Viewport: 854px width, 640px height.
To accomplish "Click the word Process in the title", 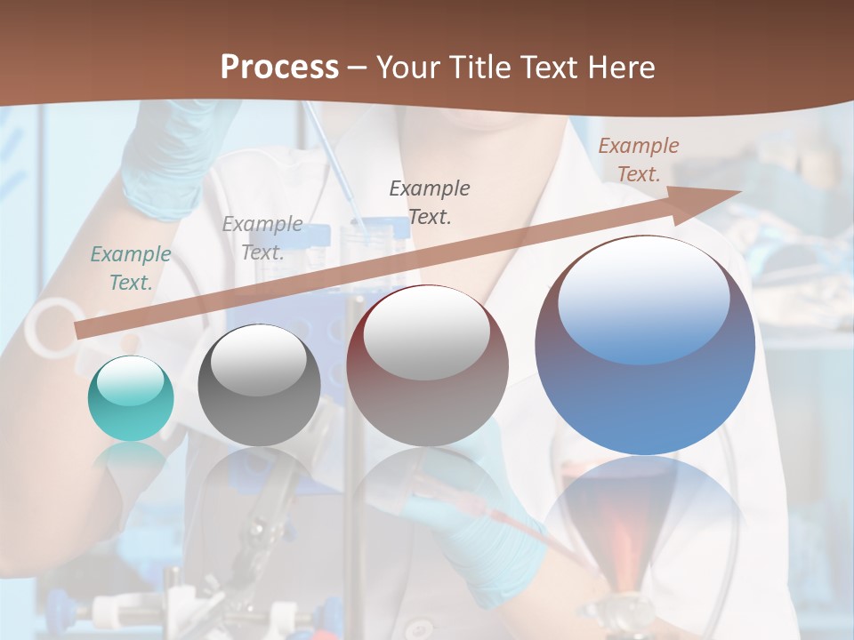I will (x=279, y=68).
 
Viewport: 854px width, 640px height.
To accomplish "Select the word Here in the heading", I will (x=619, y=68).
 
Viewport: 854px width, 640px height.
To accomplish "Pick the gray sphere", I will (x=259, y=385).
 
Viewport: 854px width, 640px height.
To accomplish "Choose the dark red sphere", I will (x=427, y=365).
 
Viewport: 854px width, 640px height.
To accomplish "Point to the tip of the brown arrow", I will (x=739, y=191).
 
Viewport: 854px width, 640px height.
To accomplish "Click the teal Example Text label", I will (x=131, y=268).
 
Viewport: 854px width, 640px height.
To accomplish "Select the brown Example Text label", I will (x=639, y=160).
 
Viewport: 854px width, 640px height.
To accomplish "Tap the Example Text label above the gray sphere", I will (x=262, y=237).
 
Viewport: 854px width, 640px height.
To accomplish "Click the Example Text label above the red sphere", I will (x=430, y=202).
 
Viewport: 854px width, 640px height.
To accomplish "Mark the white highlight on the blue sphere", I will (x=643, y=297).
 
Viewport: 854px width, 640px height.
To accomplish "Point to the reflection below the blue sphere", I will (x=645, y=516).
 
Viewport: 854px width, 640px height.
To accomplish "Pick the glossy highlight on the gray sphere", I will (x=258, y=359).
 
